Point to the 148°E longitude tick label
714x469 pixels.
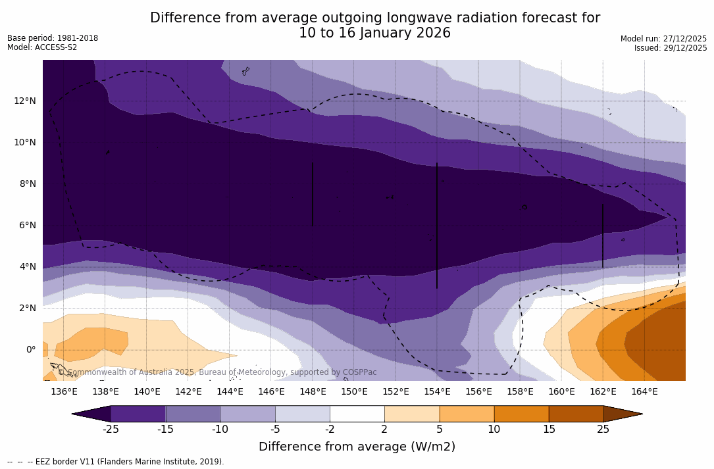313,391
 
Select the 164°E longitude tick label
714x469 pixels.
644,391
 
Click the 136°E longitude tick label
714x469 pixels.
64,391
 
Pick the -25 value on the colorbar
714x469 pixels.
111,430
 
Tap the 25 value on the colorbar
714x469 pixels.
603,430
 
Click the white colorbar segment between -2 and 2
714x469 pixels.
357,414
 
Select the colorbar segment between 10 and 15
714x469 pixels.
521,414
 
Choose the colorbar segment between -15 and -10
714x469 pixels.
193,414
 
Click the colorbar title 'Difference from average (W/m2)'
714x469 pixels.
357,447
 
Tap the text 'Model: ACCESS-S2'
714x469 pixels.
42,47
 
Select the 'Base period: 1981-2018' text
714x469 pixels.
53,38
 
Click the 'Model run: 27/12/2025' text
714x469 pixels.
663,39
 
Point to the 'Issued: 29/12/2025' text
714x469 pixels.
671,48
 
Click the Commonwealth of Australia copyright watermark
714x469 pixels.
217,372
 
